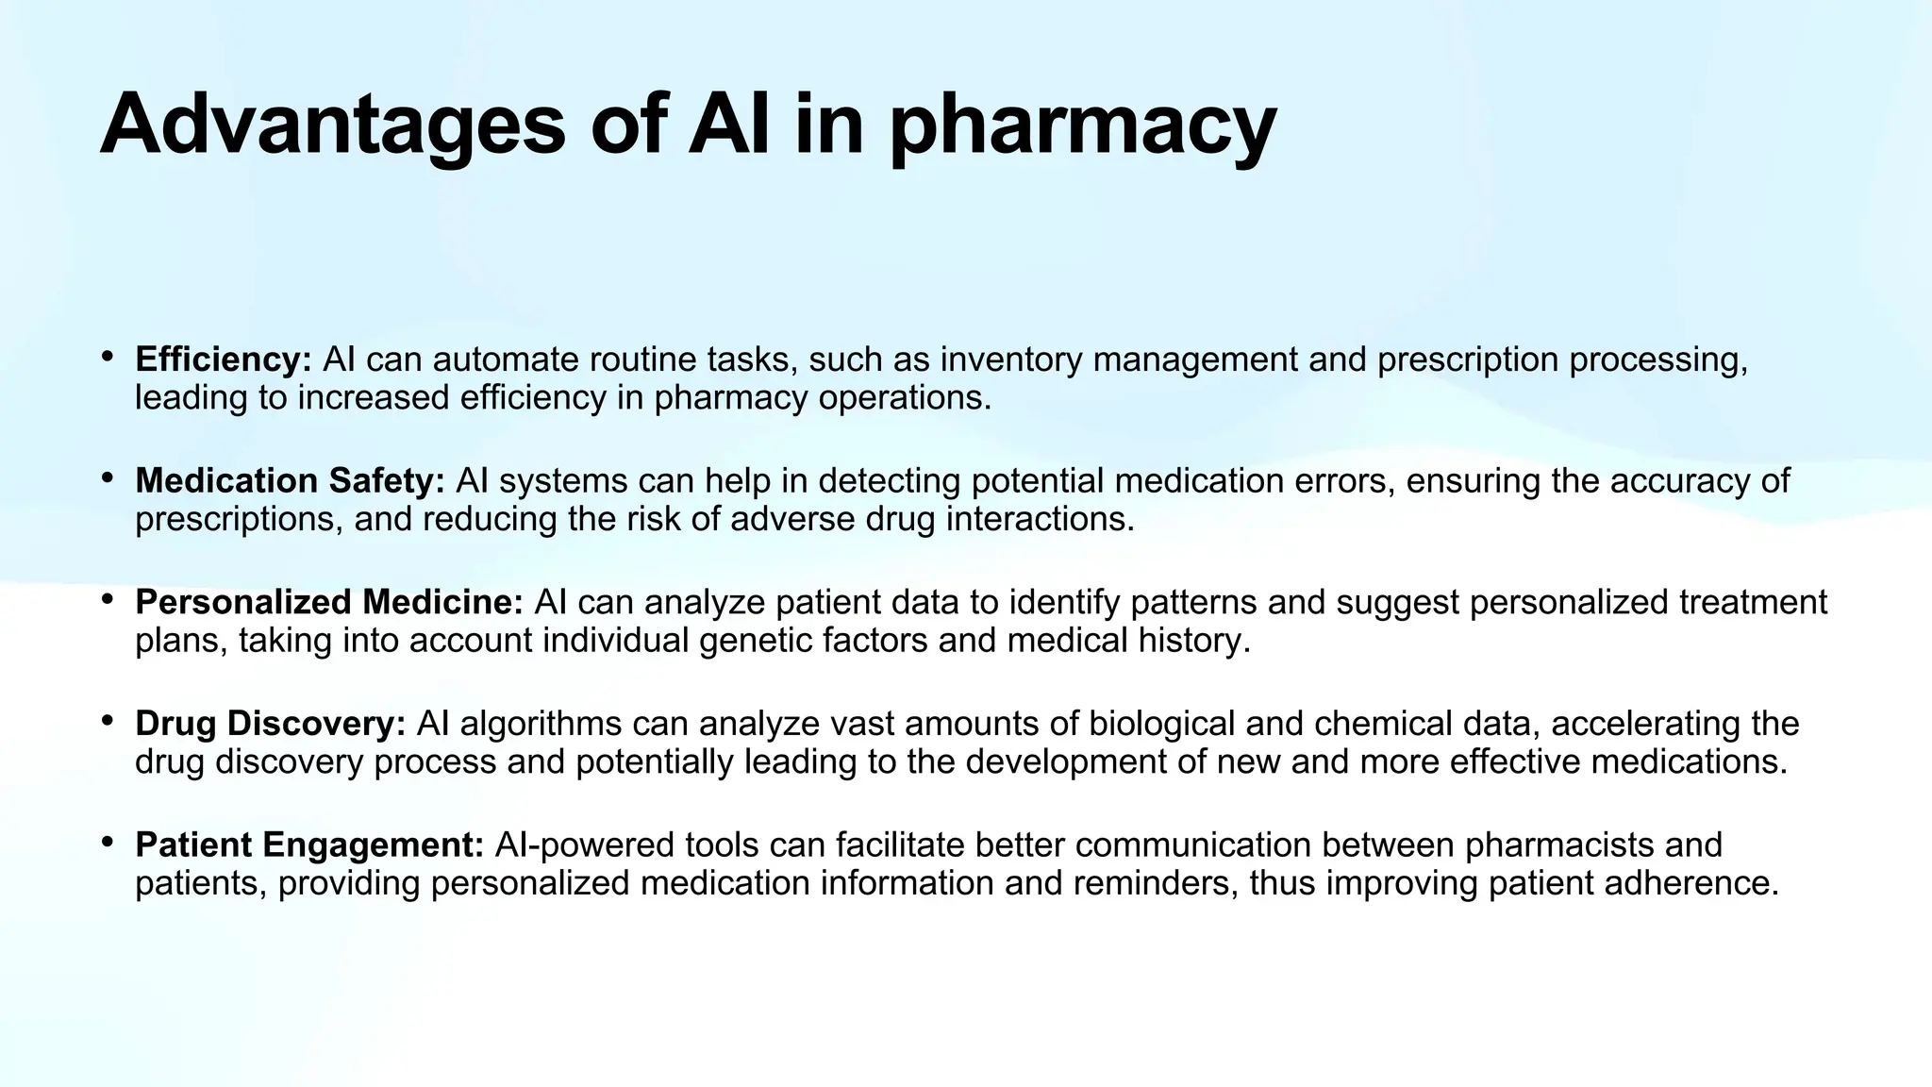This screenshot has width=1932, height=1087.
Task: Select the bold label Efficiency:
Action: pyautogui.click(x=224, y=360)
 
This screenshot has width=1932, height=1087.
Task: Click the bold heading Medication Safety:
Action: pyautogui.click(x=290, y=480)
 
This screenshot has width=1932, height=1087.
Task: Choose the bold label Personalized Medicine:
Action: pyautogui.click(x=329, y=602)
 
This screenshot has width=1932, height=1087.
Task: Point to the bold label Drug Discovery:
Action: pyautogui.click(x=271, y=724)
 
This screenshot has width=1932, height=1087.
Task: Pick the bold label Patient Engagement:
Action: pyautogui.click(x=309, y=845)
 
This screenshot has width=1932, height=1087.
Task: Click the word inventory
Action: pyautogui.click(x=1010, y=360)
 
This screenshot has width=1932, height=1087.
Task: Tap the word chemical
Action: pyautogui.click(x=1378, y=724)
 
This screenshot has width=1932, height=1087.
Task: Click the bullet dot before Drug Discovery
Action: pyautogui.click(x=108, y=721)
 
